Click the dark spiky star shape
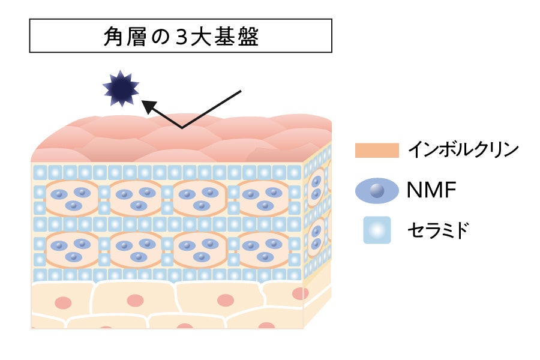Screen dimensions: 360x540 coord(121,89)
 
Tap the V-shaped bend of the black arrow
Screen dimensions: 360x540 coord(182,127)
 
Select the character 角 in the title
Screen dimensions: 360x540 coord(114,37)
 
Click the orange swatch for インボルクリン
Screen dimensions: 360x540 coord(377,150)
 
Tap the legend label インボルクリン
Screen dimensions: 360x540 coord(463,150)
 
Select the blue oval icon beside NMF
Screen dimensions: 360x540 coord(377,191)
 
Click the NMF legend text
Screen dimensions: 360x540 coord(431,191)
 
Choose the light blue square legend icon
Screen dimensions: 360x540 coord(377,230)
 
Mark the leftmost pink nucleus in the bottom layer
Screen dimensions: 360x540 coord(62,302)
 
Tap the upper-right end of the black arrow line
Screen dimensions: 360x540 coord(240,91)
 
